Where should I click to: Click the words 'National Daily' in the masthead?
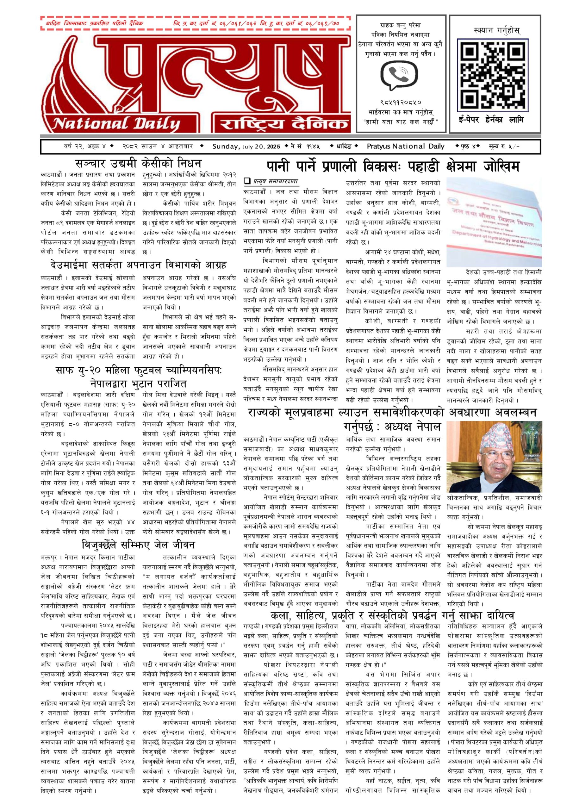116,124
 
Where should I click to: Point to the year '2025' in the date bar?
273,146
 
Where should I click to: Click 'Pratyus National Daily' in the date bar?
405,146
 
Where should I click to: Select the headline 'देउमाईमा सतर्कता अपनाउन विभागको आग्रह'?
138,265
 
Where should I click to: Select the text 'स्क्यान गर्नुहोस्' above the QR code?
497,31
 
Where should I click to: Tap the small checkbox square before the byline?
247,181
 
